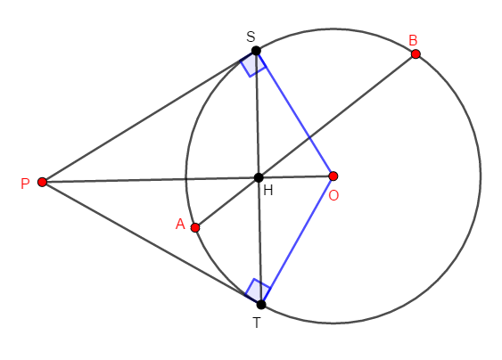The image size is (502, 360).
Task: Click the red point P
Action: (42, 182)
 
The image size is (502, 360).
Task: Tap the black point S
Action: (256, 51)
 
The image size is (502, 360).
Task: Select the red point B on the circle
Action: (416, 54)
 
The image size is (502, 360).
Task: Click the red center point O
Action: (333, 176)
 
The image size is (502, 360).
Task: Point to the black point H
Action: (259, 177)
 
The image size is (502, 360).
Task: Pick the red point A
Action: (195, 227)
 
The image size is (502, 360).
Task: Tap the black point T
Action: (261, 305)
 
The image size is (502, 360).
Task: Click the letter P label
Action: (25, 184)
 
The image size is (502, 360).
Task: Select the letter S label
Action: (251, 37)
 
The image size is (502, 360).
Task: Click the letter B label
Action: (413, 41)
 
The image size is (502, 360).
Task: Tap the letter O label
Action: (333, 195)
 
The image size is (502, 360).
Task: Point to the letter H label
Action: (268, 191)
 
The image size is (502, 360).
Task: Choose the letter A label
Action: (180, 224)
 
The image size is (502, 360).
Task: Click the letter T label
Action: (257, 323)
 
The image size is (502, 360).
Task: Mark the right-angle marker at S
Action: (253, 64)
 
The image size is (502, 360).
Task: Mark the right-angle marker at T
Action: (258, 290)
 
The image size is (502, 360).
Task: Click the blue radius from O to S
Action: (294, 113)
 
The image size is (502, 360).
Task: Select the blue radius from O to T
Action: (297, 240)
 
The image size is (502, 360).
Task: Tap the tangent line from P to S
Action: (149, 117)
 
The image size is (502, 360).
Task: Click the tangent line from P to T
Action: (152, 243)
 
